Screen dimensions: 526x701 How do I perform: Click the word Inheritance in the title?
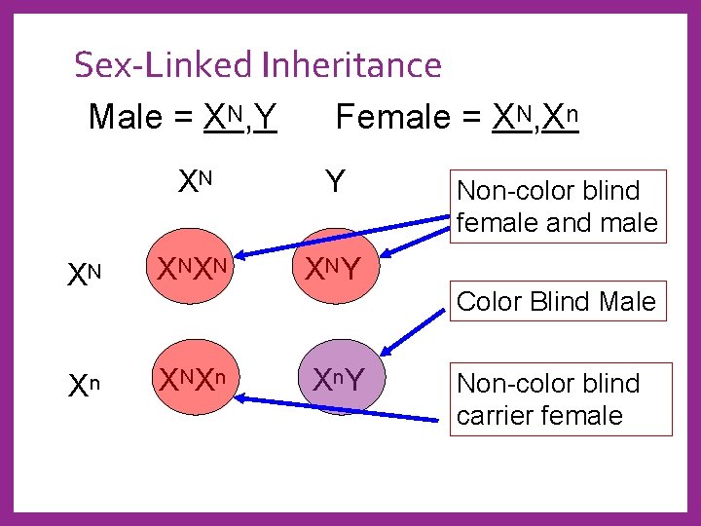(350, 65)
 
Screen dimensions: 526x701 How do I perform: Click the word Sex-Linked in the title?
(165, 65)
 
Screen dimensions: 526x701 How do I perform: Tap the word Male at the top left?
(126, 117)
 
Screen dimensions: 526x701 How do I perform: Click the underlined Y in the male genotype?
(268, 118)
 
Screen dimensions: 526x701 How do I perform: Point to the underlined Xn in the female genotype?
(562, 117)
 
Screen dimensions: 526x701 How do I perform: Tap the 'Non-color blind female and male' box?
(557, 207)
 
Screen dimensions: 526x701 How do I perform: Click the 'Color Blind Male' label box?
(556, 302)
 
